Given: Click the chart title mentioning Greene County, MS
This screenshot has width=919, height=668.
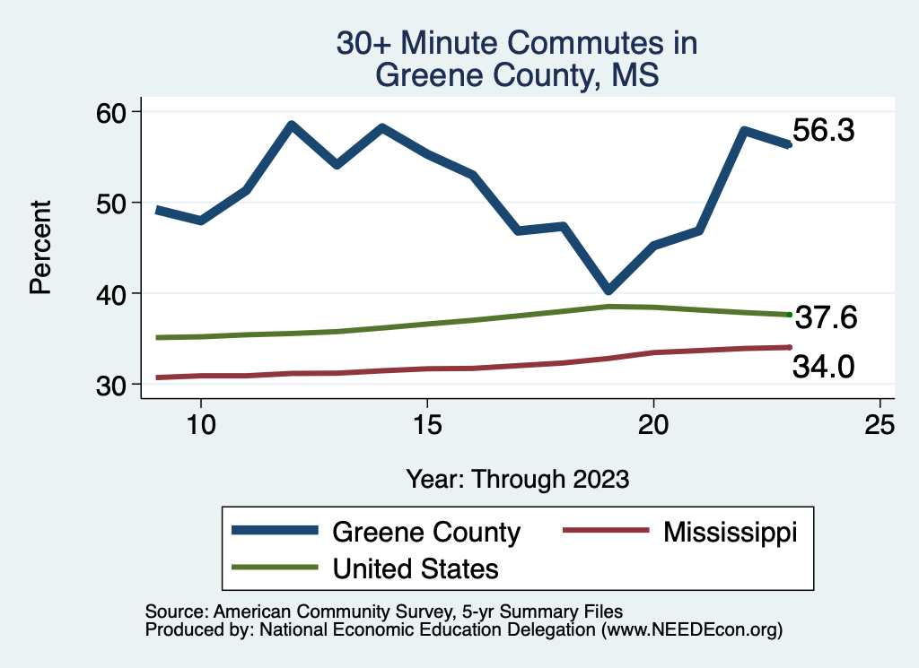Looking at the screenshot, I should pos(517,59).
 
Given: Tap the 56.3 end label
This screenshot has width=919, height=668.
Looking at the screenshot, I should pos(823,131).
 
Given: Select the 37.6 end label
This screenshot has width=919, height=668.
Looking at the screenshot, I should pos(826,317).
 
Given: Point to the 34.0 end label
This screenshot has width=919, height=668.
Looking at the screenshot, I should pos(822,366).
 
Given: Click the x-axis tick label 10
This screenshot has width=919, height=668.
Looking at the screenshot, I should pos(200,425).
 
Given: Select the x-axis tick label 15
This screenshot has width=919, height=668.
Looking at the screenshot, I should pos(427,425).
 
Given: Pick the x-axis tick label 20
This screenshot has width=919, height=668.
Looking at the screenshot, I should pos(653,425).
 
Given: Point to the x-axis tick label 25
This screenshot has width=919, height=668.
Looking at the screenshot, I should pos(880,425).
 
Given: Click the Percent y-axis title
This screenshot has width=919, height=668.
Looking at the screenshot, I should pos(39,247).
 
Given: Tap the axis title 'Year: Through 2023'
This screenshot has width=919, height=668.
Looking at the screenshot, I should pos(517,478).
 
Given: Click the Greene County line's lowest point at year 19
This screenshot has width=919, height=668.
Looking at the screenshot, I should pos(608,290).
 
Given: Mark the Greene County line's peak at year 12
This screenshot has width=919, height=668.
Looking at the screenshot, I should pos(291,126).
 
